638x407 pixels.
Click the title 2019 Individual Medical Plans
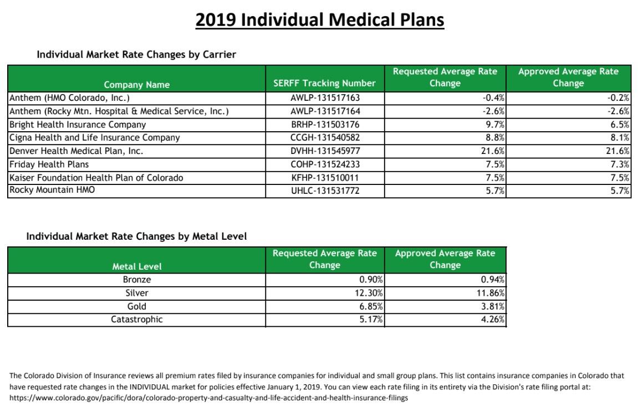click(x=320, y=19)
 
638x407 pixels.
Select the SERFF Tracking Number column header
click(x=324, y=84)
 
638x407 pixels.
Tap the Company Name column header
click(x=137, y=85)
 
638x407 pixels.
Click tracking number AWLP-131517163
click(x=325, y=98)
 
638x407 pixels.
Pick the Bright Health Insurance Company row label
click(x=77, y=125)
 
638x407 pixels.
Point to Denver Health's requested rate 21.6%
click(x=493, y=151)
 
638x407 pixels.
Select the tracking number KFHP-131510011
click(x=325, y=178)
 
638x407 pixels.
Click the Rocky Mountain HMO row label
click(x=52, y=190)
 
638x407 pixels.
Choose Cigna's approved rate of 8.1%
click(x=620, y=138)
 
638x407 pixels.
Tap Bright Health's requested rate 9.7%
click(x=495, y=125)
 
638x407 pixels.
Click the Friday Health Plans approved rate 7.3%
click(x=620, y=164)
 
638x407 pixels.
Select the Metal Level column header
click(x=137, y=266)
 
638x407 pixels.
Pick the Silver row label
click(x=137, y=293)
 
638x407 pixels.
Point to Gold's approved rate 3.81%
click(x=493, y=307)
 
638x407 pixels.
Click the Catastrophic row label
click(x=137, y=320)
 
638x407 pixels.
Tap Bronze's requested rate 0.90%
click(x=371, y=280)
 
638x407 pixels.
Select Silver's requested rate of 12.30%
click(x=368, y=293)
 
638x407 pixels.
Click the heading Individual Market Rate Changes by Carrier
click(x=136, y=54)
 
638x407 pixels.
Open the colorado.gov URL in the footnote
click(x=209, y=398)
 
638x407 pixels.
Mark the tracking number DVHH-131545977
click(x=325, y=151)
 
